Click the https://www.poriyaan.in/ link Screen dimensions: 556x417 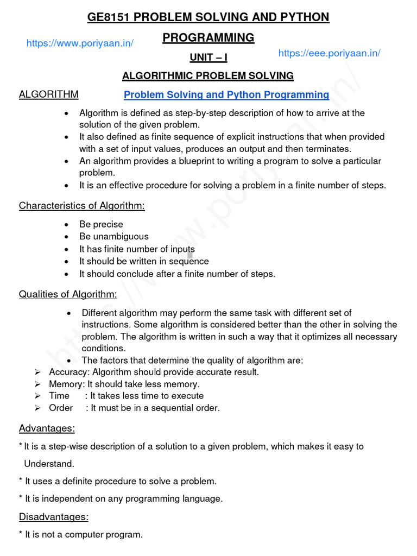[x=80, y=43]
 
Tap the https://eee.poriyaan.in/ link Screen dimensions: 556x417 [x=329, y=53]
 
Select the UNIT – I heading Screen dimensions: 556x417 [x=208, y=58]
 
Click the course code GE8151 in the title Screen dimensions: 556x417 [x=109, y=17]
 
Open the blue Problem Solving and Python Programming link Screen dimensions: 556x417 [x=226, y=95]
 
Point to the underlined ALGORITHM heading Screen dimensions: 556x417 [x=48, y=94]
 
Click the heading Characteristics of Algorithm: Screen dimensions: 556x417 [x=82, y=206]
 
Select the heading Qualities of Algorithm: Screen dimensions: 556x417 [x=68, y=294]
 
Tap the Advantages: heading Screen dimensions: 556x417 [x=47, y=428]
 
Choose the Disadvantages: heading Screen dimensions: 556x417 [x=54, y=516]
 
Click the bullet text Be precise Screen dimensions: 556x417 [x=101, y=224]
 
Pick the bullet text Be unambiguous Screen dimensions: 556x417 [x=113, y=237]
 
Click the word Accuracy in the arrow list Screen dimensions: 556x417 [x=69, y=372]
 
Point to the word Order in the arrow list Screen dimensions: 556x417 [x=61, y=408]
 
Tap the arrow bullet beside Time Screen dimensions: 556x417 [x=37, y=396]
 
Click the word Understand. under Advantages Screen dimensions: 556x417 [x=49, y=464]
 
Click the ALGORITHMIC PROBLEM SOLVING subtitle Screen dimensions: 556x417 [x=208, y=75]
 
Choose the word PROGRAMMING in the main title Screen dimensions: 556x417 [x=208, y=37]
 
